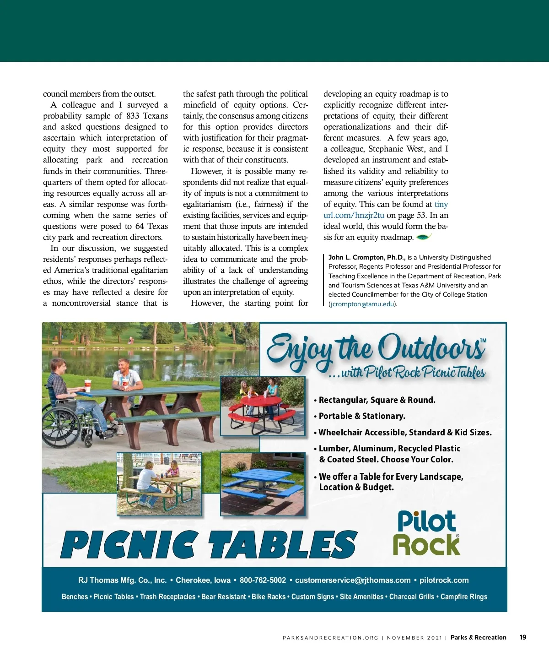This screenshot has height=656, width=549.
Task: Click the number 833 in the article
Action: pos(133,116)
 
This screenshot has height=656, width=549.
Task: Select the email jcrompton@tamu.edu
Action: pos(362,304)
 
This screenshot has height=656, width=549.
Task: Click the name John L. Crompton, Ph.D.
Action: pos(366,257)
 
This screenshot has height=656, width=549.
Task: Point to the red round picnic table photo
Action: pos(262,406)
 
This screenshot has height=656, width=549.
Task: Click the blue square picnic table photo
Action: pos(262,484)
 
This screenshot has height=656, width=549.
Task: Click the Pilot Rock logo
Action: pos(426,533)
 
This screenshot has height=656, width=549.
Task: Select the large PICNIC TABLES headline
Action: pos(208,545)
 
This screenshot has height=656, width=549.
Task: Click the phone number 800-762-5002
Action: pos(263,580)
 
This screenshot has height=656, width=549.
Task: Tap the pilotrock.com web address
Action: pos(444,580)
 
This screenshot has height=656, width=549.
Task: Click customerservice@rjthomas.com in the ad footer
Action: pos(353,580)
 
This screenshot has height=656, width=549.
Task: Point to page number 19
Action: pos(523,637)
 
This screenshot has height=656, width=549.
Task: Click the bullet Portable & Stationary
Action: pos(361,416)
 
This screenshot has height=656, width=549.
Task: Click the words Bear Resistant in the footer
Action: pos(224,596)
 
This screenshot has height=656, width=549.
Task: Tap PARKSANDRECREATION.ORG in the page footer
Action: pos(330,638)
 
